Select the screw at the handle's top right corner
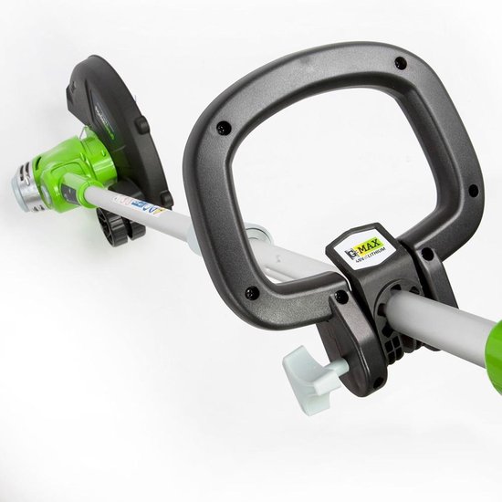401,64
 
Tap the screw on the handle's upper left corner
222,130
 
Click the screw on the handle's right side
472,190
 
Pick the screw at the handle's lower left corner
250,292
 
